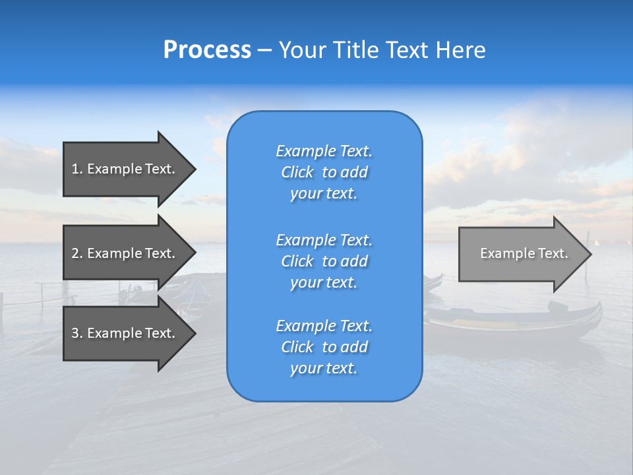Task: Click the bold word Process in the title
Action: (x=207, y=49)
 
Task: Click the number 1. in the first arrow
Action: (x=77, y=169)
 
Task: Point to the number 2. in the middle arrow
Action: (x=77, y=253)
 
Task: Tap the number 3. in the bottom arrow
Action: (x=77, y=333)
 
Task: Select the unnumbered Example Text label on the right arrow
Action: (x=524, y=253)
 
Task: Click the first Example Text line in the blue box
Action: (x=324, y=151)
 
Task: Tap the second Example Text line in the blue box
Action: (x=324, y=240)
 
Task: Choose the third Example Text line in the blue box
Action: (x=324, y=326)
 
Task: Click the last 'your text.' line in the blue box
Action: (x=324, y=368)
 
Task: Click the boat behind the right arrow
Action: (x=514, y=323)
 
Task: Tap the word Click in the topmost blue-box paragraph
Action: (x=297, y=172)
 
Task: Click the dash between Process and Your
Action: (x=264, y=50)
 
